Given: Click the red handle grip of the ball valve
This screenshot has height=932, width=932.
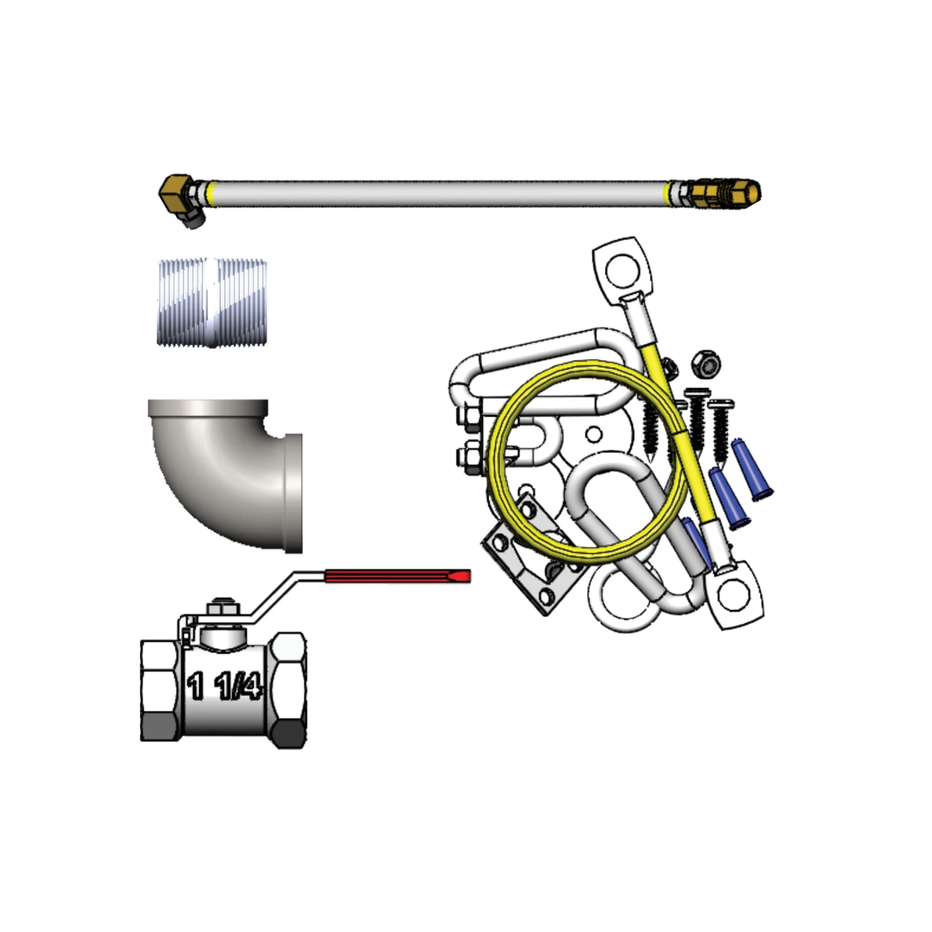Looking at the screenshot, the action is (x=398, y=577).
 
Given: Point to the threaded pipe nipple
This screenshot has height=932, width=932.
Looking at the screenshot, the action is (x=212, y=301).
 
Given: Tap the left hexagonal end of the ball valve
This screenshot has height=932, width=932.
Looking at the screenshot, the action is (x=161, y=691).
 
